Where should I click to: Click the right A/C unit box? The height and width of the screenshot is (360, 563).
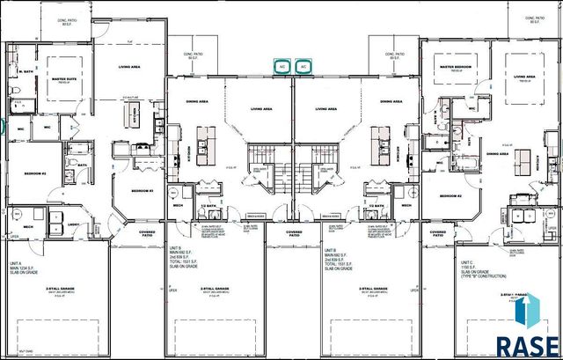[303, 66]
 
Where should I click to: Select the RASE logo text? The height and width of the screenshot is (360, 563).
[527, 346]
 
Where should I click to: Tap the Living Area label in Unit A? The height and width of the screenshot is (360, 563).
[131, 66]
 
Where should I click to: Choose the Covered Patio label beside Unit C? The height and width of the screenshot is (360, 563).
[438, 232]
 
